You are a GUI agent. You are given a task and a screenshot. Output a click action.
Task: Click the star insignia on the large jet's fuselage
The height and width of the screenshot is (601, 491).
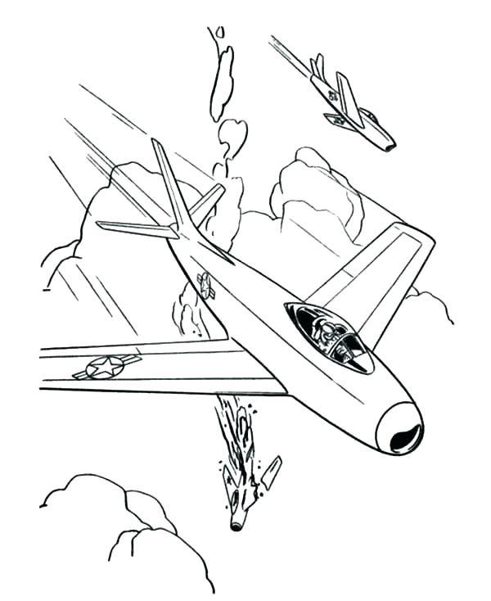[x=205, y=284]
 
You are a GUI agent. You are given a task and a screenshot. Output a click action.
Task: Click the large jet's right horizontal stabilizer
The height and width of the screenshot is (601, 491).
[x=206, y=199]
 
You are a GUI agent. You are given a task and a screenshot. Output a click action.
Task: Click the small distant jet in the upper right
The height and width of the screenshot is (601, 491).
[x=352, y=105]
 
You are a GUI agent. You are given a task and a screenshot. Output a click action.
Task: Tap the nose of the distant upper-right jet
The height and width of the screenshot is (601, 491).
[x=389, y=146]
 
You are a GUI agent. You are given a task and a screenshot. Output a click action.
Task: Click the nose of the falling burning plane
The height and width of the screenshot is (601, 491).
[x=236, y=524]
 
